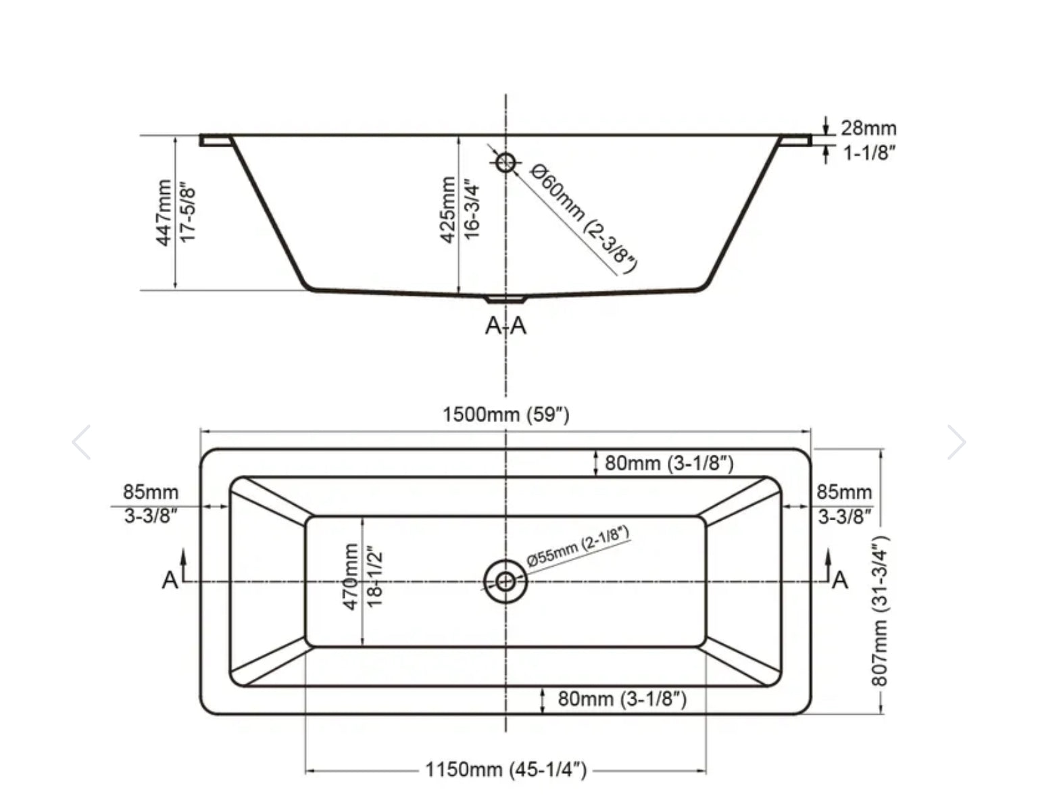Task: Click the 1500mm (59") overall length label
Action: click(x=506, y=415)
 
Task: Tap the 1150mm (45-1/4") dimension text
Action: click(x=506, y=769)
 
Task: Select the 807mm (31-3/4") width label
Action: click(x=879, y=611)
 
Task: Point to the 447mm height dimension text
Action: click(x=164, y=213)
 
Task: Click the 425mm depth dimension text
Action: click(x=447, y=209)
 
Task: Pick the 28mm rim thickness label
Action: click(x=868, y=128)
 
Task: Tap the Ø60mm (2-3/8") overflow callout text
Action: click(x=584, y=219)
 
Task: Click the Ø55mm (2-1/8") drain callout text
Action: click(x=578, y=547)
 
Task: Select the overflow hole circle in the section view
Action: click(x=505, y=162)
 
